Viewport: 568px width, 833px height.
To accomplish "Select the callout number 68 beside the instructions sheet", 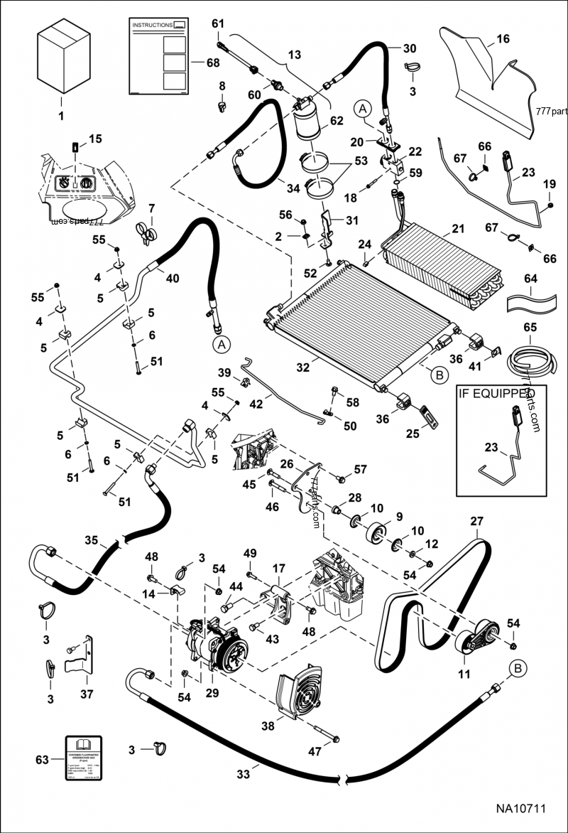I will coord(212,63).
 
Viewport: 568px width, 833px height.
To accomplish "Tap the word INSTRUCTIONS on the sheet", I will coord(152,25).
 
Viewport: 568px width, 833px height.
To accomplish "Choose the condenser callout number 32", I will coord(303,369).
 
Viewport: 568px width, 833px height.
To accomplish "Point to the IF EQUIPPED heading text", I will coord(496,392).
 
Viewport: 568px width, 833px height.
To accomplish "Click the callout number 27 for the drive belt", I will coord(475,521).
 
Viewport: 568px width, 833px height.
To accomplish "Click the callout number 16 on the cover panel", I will coord(503,39).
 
